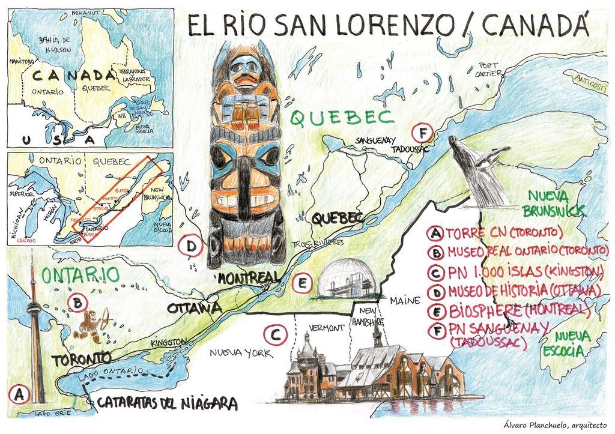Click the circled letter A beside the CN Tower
pos(19,395)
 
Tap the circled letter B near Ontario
pos(77,302)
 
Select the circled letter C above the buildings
pos(274,334)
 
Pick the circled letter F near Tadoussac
pos(423,132)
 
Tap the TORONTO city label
pos(81,360)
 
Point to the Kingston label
pos(169,342)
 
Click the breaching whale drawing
pos(477,167)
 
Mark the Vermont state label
pos(327,328)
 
